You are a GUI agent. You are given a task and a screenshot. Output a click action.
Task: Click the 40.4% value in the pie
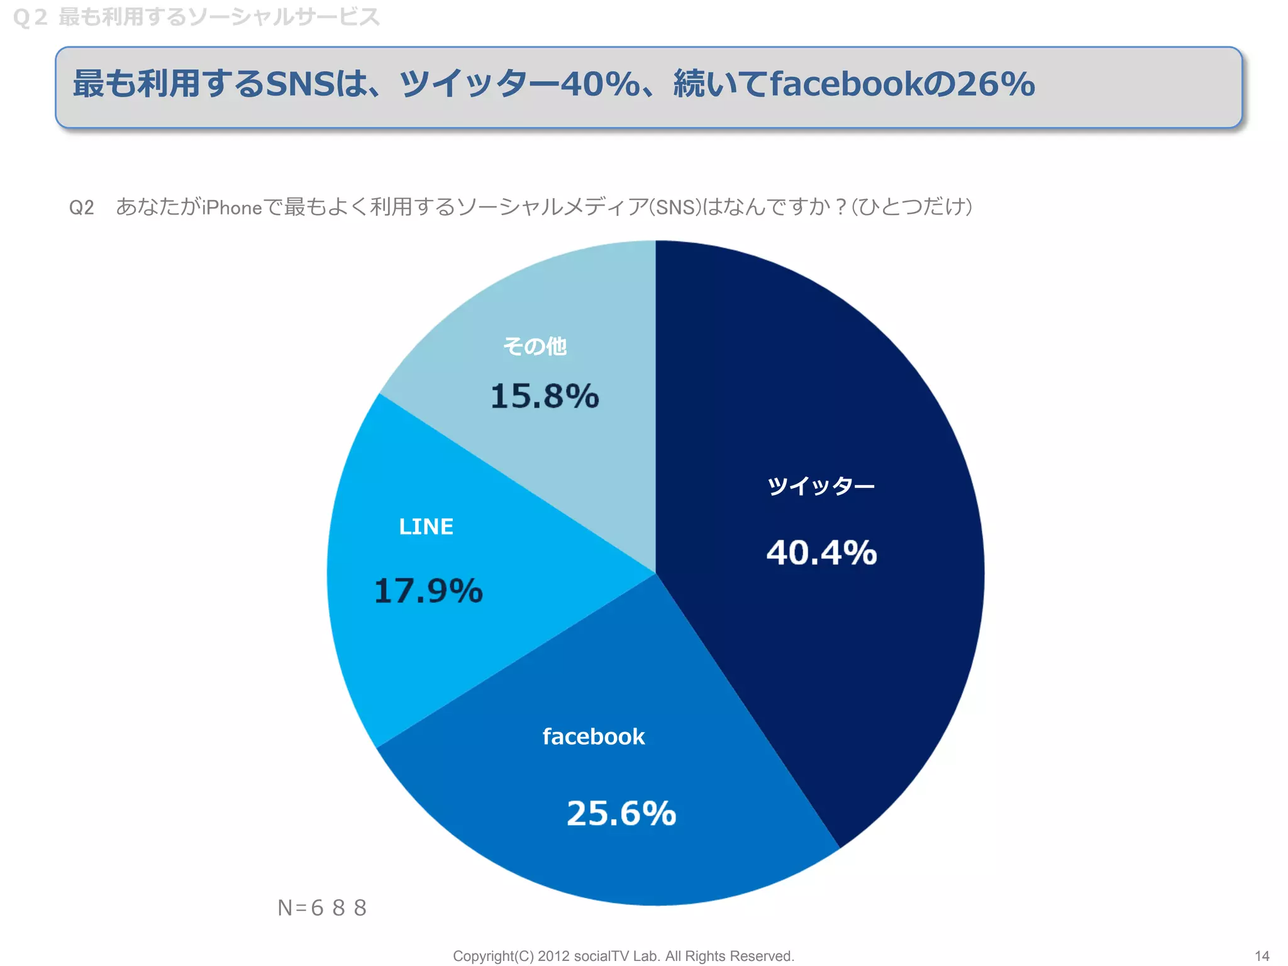tap(821, 553)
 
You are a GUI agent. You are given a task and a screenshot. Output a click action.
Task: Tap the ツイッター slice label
tap(821, 486)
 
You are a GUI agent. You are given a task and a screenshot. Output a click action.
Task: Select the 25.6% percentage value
tap(621, 813)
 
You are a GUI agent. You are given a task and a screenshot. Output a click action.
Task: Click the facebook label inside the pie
tap(594, 736)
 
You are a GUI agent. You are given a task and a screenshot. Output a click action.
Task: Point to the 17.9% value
tap(428, 591)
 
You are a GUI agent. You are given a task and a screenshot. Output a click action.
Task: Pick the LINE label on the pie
tap(426, 526)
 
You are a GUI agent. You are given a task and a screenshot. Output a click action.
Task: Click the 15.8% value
tap(545, 396)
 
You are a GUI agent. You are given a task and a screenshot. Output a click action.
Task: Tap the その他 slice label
tap(535, 346)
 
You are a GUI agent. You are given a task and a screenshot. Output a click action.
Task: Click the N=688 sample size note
tap(322, 908)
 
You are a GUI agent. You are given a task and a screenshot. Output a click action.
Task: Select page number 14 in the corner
tap(1262, 956)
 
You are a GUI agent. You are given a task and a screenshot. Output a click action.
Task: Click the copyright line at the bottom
tap(623, 956)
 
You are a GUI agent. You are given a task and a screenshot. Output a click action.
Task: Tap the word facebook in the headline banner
tap(847, 84)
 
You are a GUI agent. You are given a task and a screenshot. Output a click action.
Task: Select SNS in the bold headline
tap(301, 84)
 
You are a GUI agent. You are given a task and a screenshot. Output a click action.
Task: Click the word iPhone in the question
tap(232, 207)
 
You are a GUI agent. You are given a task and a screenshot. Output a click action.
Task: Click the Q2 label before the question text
tap(82, 207)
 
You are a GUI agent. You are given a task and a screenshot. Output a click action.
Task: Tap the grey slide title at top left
tap(196, 17)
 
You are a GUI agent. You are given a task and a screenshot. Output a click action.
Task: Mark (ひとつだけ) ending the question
tap(912, 207)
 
